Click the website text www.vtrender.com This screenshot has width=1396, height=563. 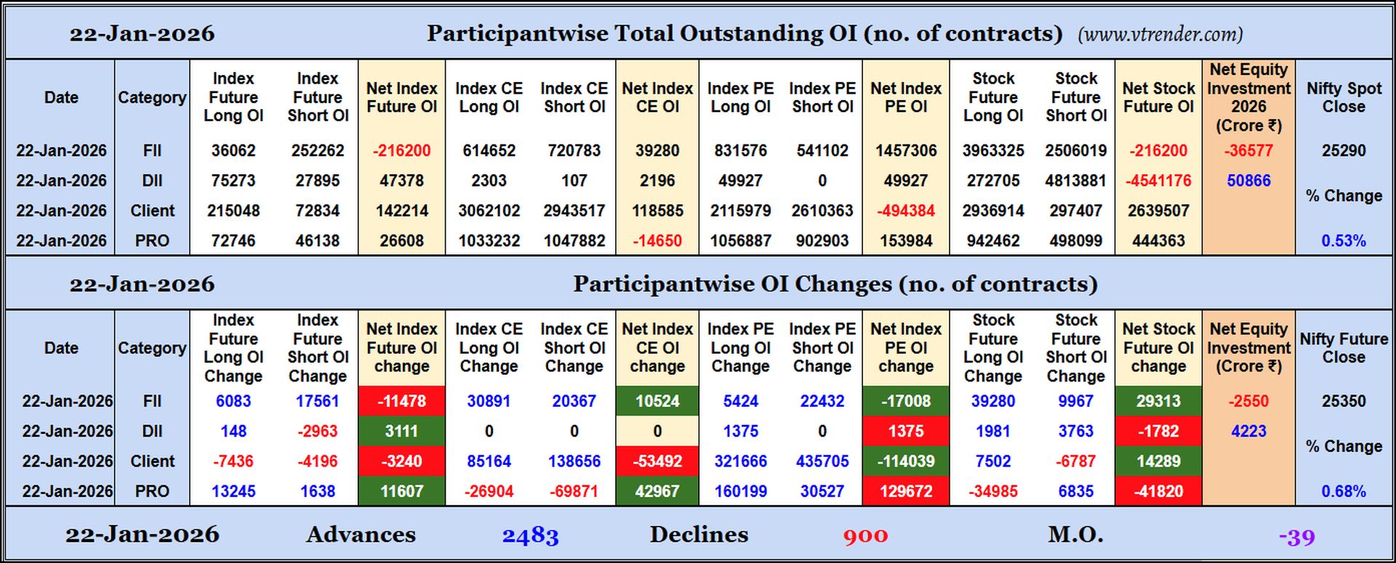click(x=1160, y=34)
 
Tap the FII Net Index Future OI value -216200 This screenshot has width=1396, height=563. click(x=401, y=150)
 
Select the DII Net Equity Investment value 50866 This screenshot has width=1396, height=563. click(x=1248, y=180)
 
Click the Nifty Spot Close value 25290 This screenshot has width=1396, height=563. click(x=1343, y=150)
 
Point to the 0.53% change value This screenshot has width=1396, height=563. click(x=1343, y=240)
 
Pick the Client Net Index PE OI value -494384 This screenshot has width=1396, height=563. click(x=905, y=211)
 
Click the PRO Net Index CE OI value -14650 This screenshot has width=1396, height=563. click(x=657, y=240)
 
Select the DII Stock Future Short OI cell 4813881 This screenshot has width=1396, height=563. click(x=1075, y=180)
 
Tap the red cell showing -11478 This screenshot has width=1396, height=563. click(x=401, y=401)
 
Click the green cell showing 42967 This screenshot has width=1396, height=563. click(x=657, y=491)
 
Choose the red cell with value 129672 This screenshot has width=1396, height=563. click(x=905, y=491)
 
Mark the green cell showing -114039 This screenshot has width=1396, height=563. click(x=905, y=461)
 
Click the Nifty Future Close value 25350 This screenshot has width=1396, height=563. click(x=1343, y=401)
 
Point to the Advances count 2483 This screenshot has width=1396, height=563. click(x=530, y=536)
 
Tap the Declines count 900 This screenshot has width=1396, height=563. click(x=865, y=536)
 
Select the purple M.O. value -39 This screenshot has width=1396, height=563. click(x=1296, y=537)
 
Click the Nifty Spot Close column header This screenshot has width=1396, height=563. click(x=1343, y=97)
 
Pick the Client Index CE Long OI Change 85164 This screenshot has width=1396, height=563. click(x=489, y=461)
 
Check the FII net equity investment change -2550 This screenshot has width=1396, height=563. click(x=1248, y=401)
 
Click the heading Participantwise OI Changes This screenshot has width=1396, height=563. click(x=835, y=284)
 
